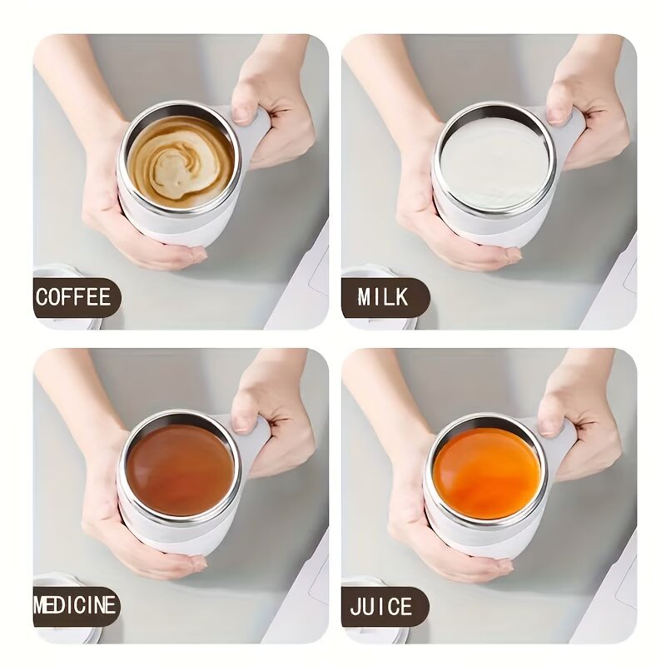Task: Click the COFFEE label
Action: pos(74,297)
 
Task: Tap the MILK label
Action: pos(383,297)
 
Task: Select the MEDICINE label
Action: pos(75,605)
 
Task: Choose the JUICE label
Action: pos(382,606)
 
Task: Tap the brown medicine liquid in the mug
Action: pos(180,468)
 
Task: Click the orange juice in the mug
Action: pos(487,472)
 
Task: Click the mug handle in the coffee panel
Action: pos(255,133)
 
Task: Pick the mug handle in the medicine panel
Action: pos(254,441)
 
